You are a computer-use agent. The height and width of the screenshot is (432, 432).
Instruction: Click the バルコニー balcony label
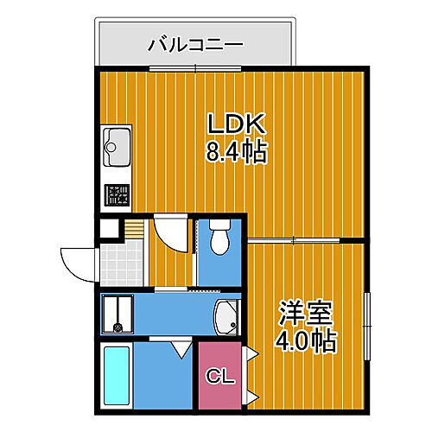pyautogui.click(x=195, y=42)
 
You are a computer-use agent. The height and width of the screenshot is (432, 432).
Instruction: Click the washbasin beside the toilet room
pyautogui.click(x=226, y=317)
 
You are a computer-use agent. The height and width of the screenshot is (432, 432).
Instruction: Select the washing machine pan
pyautogui.click(x=116, y=313)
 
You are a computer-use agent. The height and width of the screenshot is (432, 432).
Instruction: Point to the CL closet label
pyautogui.click(x=219, y=377)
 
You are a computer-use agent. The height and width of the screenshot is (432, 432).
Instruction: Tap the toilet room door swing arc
pyautogui.click(x=171, y=236)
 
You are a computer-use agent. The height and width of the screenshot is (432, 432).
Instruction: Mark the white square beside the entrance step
pyautogui.click(x=109, y=230)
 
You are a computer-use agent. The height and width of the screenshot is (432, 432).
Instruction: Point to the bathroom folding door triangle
pyautogui.click(x=181, y=349)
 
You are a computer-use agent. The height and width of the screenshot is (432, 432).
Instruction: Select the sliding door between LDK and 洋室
pyautogui.click(x=294, y=238)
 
